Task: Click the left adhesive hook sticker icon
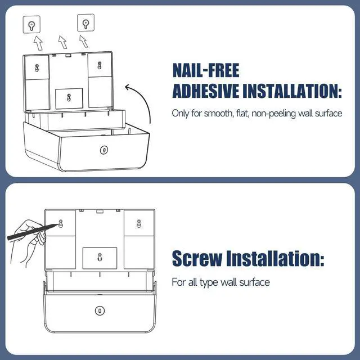pyautogui.click(x=32, y=24)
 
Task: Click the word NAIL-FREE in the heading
pyautogui.click(x=206, y=71)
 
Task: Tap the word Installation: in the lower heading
pyautogui.click(x=274, y=258)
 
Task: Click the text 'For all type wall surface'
pyautogui.click(x=220, y=281)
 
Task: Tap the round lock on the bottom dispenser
pyautogui.click(x=99, y=310)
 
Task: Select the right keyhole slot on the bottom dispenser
pyautogui.click(x=138, y=223)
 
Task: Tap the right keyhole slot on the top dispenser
pyautogui.click(x=100, y=65)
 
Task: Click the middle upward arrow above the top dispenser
pyautogui.click(x=62, y=41)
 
